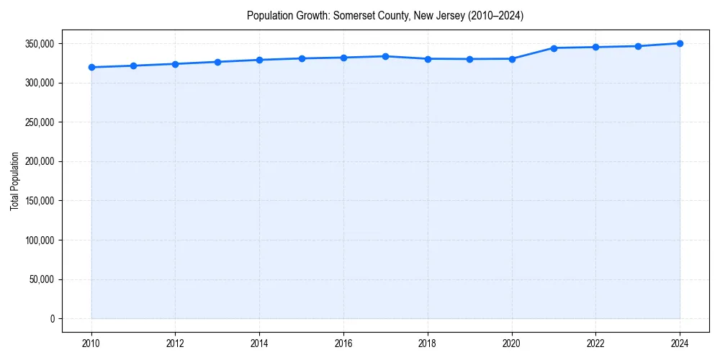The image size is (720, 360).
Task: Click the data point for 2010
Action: pos(91,68)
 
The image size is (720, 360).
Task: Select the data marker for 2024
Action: pos(680,43)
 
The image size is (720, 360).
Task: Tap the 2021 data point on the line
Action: pos(554,48)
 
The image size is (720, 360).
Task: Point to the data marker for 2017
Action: pos(385,56)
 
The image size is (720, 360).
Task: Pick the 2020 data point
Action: pos(512,59)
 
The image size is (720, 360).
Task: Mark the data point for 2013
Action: pos(217,62)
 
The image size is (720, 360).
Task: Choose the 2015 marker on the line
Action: pos(302,58)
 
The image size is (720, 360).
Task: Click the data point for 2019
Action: pos(469,59)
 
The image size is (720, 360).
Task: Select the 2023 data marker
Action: pos(638,46)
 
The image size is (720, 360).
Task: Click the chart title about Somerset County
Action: pos(385,15)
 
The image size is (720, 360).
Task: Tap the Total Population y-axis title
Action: pos(14,181)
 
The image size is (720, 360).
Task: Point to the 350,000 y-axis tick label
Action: pos(40,44)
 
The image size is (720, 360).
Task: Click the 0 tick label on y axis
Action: pos(51,319)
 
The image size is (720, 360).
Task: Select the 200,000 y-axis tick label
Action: pos(40,162)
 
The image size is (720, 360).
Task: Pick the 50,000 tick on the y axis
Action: pos(42,279)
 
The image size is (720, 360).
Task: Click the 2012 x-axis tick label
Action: pos(176,343)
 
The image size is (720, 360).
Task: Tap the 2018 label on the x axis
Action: pos(428,343)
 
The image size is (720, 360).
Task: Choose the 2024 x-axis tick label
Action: pos(680,343)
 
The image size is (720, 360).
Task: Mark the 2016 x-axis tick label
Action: pos(343,343)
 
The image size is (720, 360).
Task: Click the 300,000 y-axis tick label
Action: pos(40,84)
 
